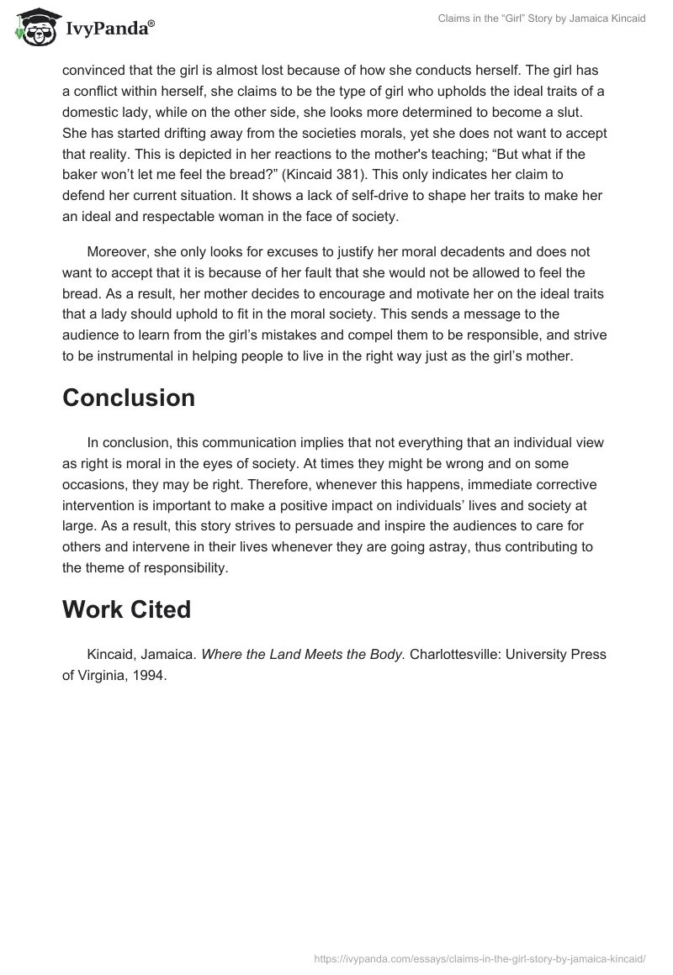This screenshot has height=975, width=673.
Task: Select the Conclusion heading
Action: [x=129, y=398]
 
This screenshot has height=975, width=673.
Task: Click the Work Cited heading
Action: [x=126, y=609]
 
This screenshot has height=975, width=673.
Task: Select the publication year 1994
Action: [x=150, y=675]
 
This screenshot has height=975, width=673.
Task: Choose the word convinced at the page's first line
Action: [x=94, y=70]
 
